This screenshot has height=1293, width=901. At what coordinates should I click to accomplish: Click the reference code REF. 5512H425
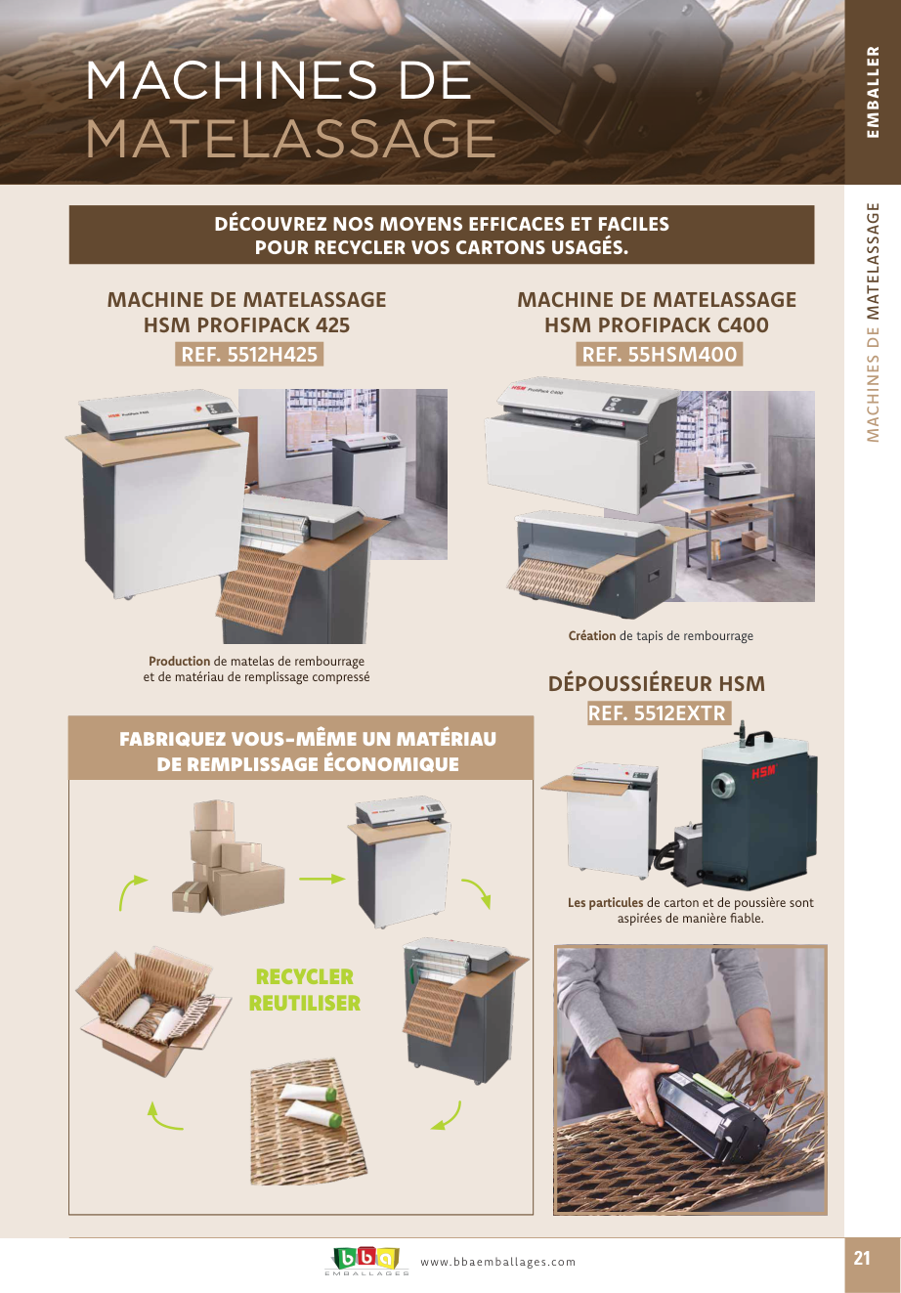pos(249,355)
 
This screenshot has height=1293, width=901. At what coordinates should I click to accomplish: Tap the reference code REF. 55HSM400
pos(660,355)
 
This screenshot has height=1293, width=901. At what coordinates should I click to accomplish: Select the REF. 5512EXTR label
pos(660,712)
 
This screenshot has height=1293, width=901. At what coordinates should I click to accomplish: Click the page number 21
pos(862,1259)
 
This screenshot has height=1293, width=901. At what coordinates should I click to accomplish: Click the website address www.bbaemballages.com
pos(498,1262)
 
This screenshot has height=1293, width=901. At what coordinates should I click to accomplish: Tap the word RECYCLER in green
pos(305,976)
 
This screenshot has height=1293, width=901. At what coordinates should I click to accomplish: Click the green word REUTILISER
pos(305,1004)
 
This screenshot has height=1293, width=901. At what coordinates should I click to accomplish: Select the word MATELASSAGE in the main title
pos(290,139)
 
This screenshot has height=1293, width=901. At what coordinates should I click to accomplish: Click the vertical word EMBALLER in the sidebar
pos(873,92)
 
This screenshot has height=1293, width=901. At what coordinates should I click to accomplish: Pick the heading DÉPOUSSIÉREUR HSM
pos(657,683)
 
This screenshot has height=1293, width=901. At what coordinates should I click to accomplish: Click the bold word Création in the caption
pos(592,635)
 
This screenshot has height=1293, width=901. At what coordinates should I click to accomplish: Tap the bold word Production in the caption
pos(180,661)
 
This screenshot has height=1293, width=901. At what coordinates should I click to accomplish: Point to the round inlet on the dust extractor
pos(722,785)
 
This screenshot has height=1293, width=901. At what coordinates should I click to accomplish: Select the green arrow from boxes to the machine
pos(322,880)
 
